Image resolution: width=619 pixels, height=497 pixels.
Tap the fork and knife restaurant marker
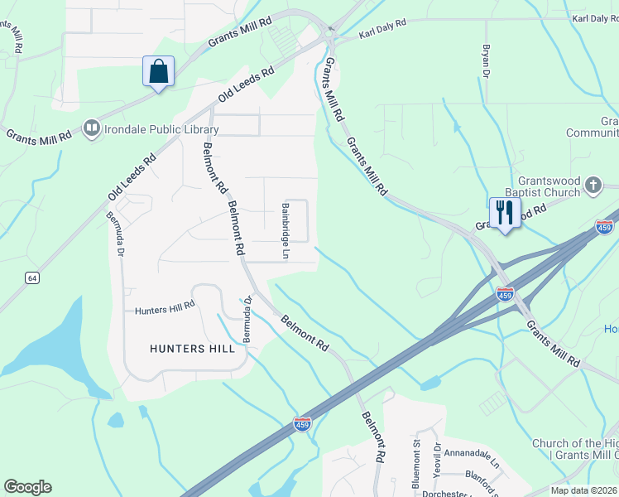[x=504, y=213]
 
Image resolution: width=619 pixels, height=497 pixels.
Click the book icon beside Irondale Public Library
[x=90, y=128]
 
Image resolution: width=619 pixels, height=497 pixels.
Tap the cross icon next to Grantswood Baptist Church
[x=593, y=186]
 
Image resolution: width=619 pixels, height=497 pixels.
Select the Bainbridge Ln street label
[x=284, y=230]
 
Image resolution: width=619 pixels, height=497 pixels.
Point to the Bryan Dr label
[x=486, y=62]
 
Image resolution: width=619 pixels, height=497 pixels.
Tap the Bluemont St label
[x=417, y=458]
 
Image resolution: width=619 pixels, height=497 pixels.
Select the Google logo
[x=28, y=487]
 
